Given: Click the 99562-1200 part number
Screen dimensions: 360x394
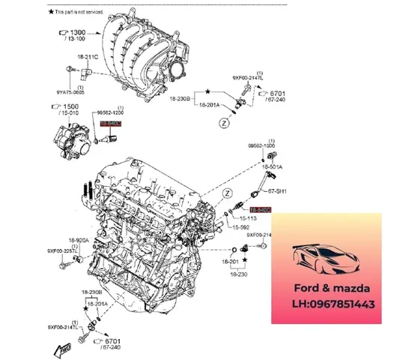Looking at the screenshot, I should (109, 112).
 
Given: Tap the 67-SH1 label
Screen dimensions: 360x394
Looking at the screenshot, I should (268, 191).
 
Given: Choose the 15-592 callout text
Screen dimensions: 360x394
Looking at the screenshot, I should (240, 227).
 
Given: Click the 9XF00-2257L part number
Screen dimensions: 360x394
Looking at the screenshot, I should (63, 250).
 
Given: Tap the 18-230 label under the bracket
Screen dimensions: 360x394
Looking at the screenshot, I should (239, 275).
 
